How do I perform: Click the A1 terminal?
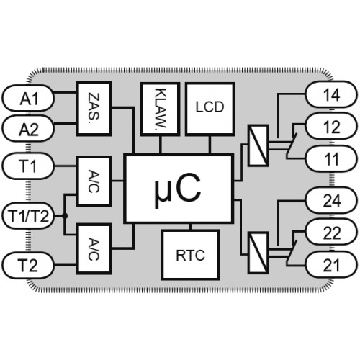pyautogui.click(x=28, y=98)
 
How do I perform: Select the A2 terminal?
pyautogui.click(x=28, y=128)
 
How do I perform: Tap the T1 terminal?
pyautogui.click(x=28, y=166)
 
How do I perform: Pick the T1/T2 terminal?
pyautogui.click(x=28, y=216)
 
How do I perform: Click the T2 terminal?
pyautogui.click(x=28, y=265)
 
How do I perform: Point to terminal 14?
pyautogui.click(x=331, y=94)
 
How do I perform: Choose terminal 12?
pyautogui.click(x=331, y=126)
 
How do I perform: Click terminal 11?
pyautogui.click(x=331, y=158)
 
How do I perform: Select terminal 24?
pyautogui.click(x=331, y=200)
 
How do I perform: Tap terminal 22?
pyautogui.click(x=331, y=232)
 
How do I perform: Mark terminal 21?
pyautogui.click(x=331, y=264)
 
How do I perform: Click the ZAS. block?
pyautogui.click(x=94, y=109)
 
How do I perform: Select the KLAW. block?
pyautogui.click(x=160, y=109)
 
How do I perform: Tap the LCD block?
pyautogui.click(x=210, y=109)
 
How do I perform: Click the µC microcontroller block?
pyautogui.click(x=179, y=189)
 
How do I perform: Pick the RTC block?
pyautogui.click(x=191, y=255)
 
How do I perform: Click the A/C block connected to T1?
pyautogui.click(x=94, y=181)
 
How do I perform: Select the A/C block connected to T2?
pyautogui.click(x=94, y=249)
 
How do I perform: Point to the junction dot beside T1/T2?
pyautogui.click(x=65, y=216)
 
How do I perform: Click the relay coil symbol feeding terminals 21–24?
pyautogui.click(x=258, y=253)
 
